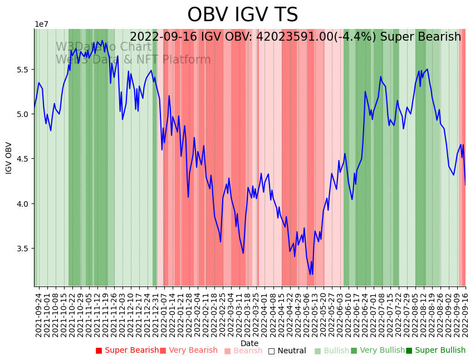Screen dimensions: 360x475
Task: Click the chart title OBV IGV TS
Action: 242,15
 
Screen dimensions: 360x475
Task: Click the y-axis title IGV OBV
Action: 9,158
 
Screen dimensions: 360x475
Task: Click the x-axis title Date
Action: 249,343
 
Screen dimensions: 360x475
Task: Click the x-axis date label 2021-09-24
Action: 39,315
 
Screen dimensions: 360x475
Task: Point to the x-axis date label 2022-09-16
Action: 466,315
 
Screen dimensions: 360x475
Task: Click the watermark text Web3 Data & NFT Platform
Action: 133,60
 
